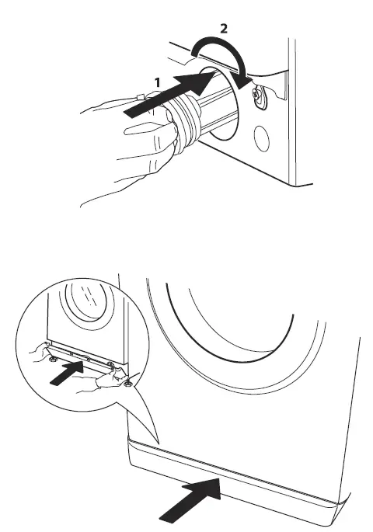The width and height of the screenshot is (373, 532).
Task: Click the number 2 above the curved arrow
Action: pos(225,28)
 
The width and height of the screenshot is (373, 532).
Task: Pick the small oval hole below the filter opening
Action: pos(260,141)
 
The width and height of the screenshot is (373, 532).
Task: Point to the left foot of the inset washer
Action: pos(51,359)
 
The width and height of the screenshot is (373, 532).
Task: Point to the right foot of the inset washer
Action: pos(127,377)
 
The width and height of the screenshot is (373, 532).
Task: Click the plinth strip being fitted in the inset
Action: pos(82,358)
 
